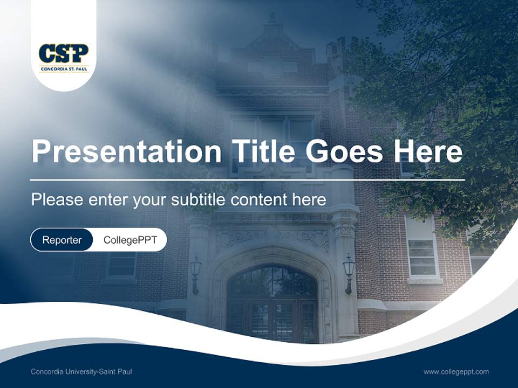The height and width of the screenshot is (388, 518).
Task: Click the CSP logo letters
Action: (64, 53)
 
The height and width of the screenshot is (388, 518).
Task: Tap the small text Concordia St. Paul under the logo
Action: (64, 69)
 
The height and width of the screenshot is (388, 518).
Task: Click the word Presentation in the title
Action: (126, 151)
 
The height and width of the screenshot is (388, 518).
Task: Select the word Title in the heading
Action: (263, 151)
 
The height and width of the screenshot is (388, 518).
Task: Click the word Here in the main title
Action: (428, 151)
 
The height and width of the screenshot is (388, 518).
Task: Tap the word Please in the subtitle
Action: (57, 200)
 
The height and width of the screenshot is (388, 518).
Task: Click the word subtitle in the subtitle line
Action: (199, 200)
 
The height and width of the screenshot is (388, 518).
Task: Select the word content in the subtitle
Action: (259, 200)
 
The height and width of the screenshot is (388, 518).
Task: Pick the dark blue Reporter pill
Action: (62, 240)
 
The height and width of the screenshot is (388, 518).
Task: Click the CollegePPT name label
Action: (130, 240)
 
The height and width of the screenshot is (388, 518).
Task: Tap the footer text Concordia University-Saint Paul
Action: (81, 372)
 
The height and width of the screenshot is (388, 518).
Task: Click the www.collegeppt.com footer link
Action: (456, 372)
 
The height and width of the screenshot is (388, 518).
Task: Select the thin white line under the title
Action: (247, 179)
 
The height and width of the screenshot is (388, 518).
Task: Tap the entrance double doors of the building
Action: (271, 321)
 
